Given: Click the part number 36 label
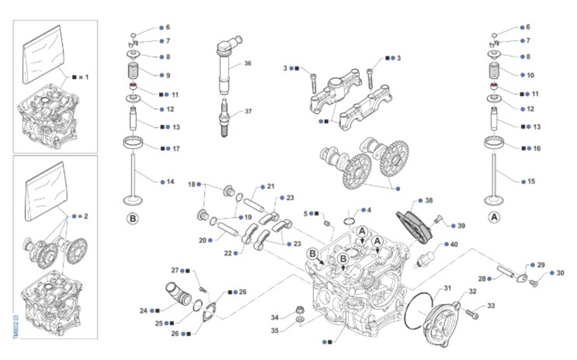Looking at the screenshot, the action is tap(248, 63).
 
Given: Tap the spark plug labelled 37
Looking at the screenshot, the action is tap(224, 118).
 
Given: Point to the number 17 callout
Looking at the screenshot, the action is tap(176, 149).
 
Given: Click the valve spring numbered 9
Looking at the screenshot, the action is tap(133, 71).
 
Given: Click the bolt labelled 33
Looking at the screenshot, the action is tap(472, 314).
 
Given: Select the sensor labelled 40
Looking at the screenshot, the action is tap(425, 259).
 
